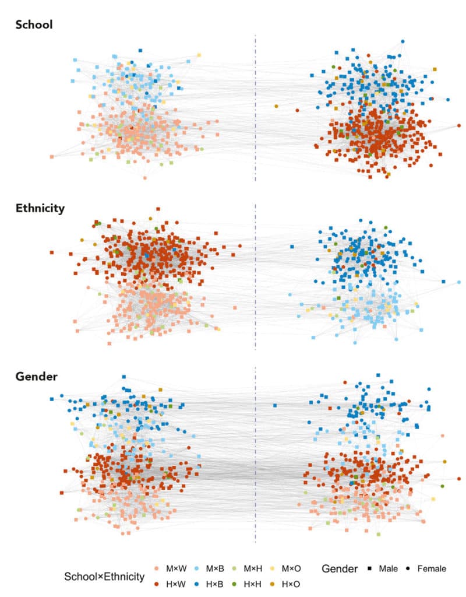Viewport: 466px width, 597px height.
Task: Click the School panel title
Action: tap(34, 24)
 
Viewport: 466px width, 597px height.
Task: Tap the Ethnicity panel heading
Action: tap(40, 208)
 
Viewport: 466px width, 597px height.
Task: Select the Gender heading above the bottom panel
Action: tap(36, 377)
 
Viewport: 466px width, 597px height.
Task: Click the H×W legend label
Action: tap(176, 584)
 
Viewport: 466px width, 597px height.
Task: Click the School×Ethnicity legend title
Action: tap(104, 577)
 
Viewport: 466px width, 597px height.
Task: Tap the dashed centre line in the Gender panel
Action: tap(255, 455)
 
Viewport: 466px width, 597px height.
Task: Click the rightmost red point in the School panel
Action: tap(459, 125)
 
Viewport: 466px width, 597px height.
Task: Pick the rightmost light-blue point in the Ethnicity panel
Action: tap(459, 283)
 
